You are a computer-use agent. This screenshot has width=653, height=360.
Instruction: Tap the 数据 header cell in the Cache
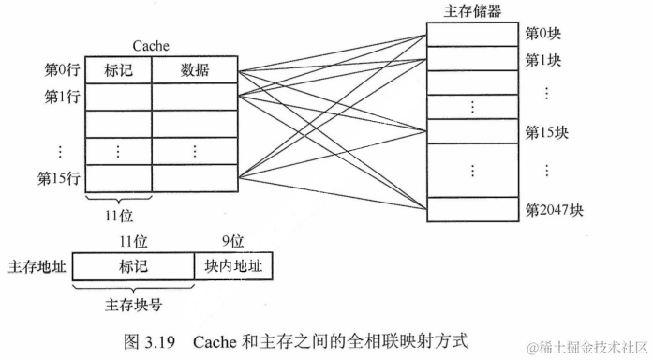coord(195,69)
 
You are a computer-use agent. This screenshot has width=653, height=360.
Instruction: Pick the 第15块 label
coord(546,130)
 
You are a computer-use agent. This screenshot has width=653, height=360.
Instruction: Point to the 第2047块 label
coord(554,209)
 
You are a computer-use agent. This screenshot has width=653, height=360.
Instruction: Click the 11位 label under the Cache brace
coord(118,217)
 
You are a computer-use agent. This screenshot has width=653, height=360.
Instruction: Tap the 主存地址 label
coord(36,267)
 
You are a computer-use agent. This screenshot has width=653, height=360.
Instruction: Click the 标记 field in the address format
coord(133,267)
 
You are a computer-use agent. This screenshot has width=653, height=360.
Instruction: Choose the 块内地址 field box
coord(232,267)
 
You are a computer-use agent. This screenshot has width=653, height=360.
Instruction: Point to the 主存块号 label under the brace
coord(134,305)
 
